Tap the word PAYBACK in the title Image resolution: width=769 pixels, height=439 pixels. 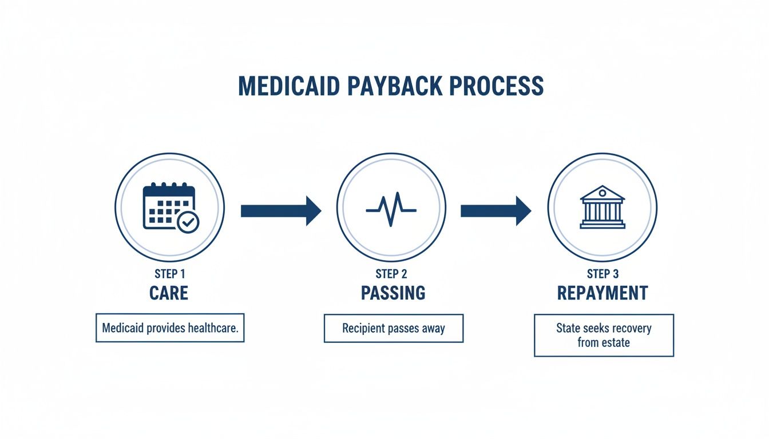tap(393, 86)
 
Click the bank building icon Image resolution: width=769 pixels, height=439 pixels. tap(602, 207)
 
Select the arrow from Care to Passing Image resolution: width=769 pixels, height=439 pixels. tap(280, 210)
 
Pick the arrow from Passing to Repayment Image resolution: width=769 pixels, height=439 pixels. tap(496, 210)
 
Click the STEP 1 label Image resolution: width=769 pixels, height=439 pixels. tap(169, 274)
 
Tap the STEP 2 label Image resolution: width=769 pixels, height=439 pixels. tap(391, 274)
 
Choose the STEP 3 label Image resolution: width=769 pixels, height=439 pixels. tap(602, 274)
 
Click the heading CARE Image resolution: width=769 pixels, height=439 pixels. tap(169, 293)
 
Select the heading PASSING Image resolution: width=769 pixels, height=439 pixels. tap(393, 293)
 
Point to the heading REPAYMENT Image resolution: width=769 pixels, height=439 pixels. tap(602, 293)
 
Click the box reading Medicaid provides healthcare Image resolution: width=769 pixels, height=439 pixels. tap(170, 328)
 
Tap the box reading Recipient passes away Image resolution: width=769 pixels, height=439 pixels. tap(393, 329)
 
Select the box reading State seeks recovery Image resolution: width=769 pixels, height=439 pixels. tap(604, 336)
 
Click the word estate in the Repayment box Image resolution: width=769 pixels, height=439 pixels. tap(616, 343)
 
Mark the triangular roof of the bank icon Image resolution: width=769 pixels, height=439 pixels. tap(602, 192)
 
